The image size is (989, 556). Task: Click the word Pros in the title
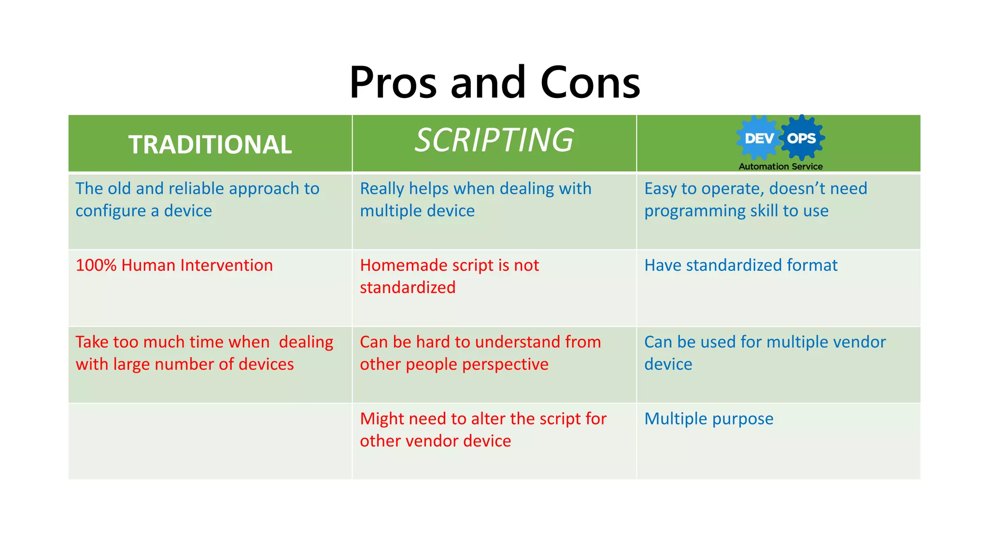393,83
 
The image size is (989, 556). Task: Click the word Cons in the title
590,83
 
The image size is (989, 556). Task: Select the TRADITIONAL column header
210,145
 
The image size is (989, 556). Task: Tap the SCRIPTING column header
494,140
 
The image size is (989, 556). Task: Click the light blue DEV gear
759,139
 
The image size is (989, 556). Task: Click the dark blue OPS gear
802,139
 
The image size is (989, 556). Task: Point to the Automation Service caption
780,167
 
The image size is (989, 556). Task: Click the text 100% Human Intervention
174,265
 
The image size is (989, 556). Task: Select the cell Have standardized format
741,265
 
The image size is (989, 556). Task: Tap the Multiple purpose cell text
708,419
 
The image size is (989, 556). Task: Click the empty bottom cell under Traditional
210,441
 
